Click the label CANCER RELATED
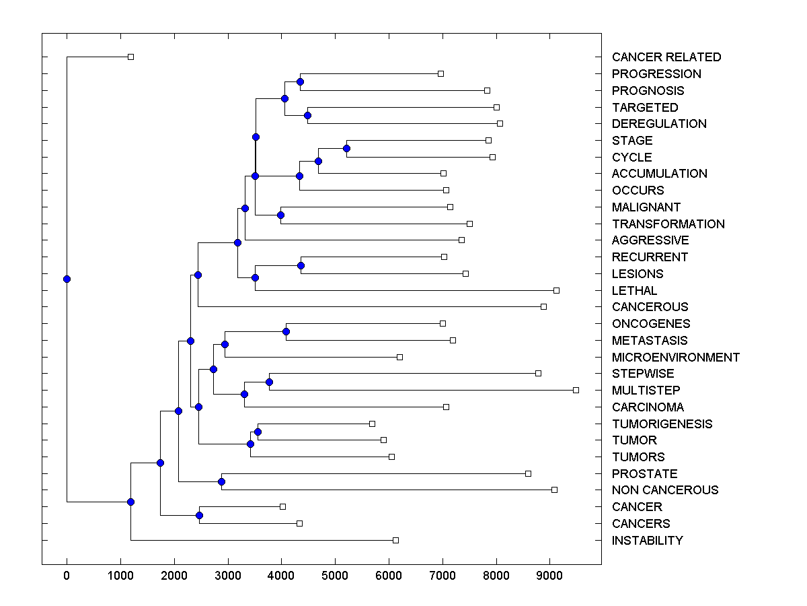tap(666, 57)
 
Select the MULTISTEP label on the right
tap(646, 391)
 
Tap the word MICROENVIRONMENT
tap(675, 357)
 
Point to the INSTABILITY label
tap(647, 540)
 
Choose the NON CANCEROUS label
tap(664, 490)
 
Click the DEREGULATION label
tap(659, 124)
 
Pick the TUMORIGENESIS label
tap(662, 424)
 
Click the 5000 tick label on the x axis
tap(335, 574)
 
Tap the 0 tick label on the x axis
tap(67, 574)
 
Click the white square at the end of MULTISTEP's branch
tap(576, 390)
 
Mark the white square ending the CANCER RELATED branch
tap(131, 57)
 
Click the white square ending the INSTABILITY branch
tap(395, 540)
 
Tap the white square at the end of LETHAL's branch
tap(556, 290)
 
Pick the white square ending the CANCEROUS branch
tap(543, 306)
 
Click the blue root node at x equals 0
tap(67, 279)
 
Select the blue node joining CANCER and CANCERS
tap(199, 515)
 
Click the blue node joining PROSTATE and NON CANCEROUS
tap(221, 481)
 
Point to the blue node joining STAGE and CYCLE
tap(347, 148)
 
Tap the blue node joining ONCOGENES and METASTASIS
tap(286, 331)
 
